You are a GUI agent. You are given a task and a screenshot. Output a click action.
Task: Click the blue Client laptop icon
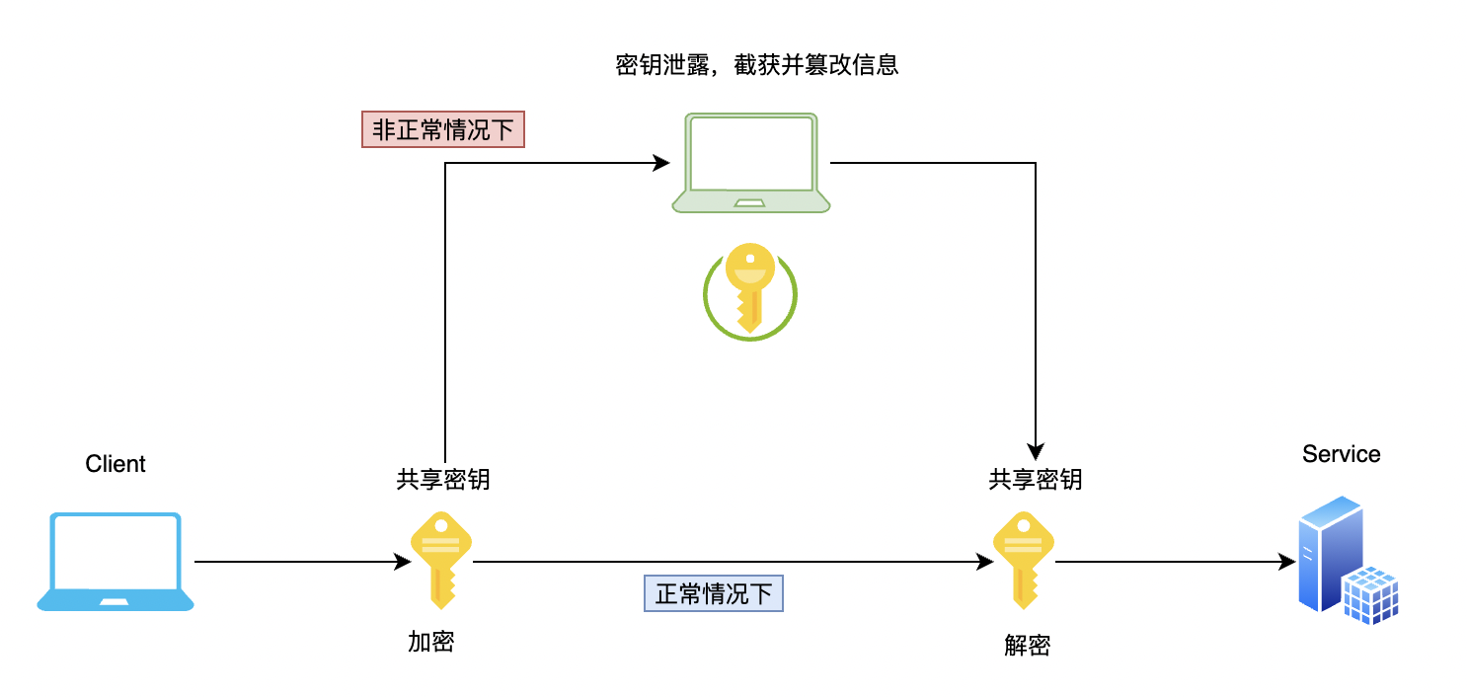pyautogui.click(x=116, y=561)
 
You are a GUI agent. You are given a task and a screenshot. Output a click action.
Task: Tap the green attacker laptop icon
pyautogui.click(x=750, y=163)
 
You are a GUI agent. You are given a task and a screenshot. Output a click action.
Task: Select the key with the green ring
pyautogui.click(x=750, y=290)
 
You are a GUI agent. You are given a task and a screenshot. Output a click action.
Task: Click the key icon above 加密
pyautogui.click(x=441, y=559)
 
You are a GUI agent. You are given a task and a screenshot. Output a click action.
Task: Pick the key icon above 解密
pyautogui.click(x=1024, y=559)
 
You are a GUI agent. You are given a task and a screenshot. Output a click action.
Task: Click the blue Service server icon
pyautogui.click(x=1347, y=561)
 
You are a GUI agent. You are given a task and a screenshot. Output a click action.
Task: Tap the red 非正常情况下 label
pyautogui.click(x=443, y=130)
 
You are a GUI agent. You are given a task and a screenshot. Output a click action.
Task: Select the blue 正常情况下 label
pyautogui.click(x=714, y=593)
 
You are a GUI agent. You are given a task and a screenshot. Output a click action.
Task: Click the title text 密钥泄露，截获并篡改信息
pyautogui.click(x=756, y=66)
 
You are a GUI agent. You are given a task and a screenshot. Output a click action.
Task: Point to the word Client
pyautogui.click(x=116, y=464)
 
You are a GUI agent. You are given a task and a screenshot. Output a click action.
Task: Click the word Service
pyautogui.click(x=1341, y=454)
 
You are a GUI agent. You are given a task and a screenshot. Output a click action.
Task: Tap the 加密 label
pyautogui.click(x=431, y=642)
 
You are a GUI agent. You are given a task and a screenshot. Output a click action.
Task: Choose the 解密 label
pyautogui.click(x=1028, y=646)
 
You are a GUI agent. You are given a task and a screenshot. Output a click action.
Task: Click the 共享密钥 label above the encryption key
pyautogui.click(x=443, y=480)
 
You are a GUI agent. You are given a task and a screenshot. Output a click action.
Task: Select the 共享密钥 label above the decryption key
pyautogui.click(x=1036, y=480)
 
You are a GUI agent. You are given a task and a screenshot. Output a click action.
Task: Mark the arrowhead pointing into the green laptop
pyautogui.click(x=662, y=163)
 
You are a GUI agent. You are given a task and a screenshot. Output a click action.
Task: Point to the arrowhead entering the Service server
pyautogui.click(x=1287, y=562)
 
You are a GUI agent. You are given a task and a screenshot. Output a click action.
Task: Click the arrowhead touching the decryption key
pyautogui.click(x=985, y=562)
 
